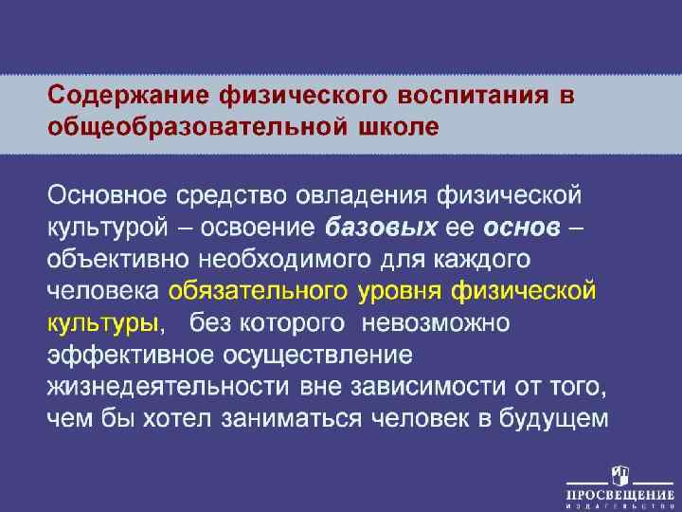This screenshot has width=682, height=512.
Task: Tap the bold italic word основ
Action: click(x=522, y=229)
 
